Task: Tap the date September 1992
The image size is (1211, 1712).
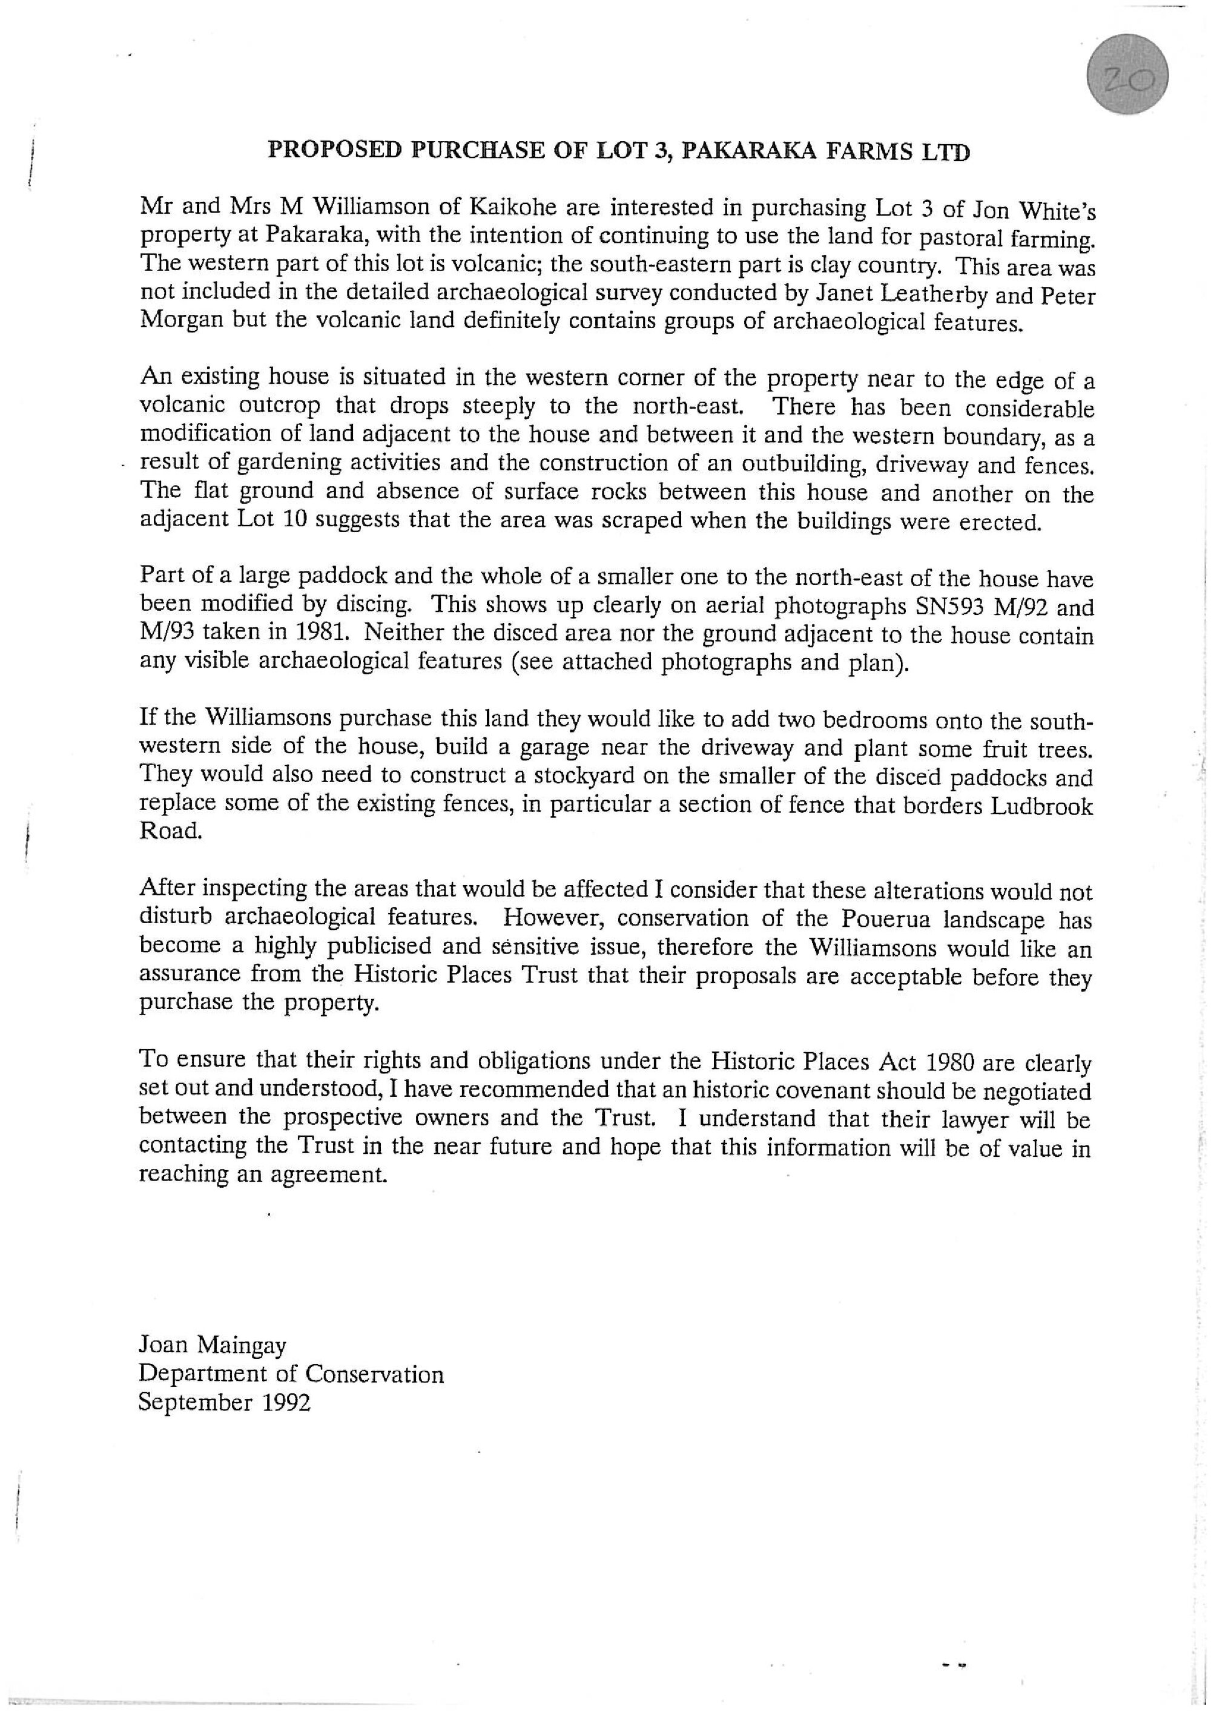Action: point(223,1402)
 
